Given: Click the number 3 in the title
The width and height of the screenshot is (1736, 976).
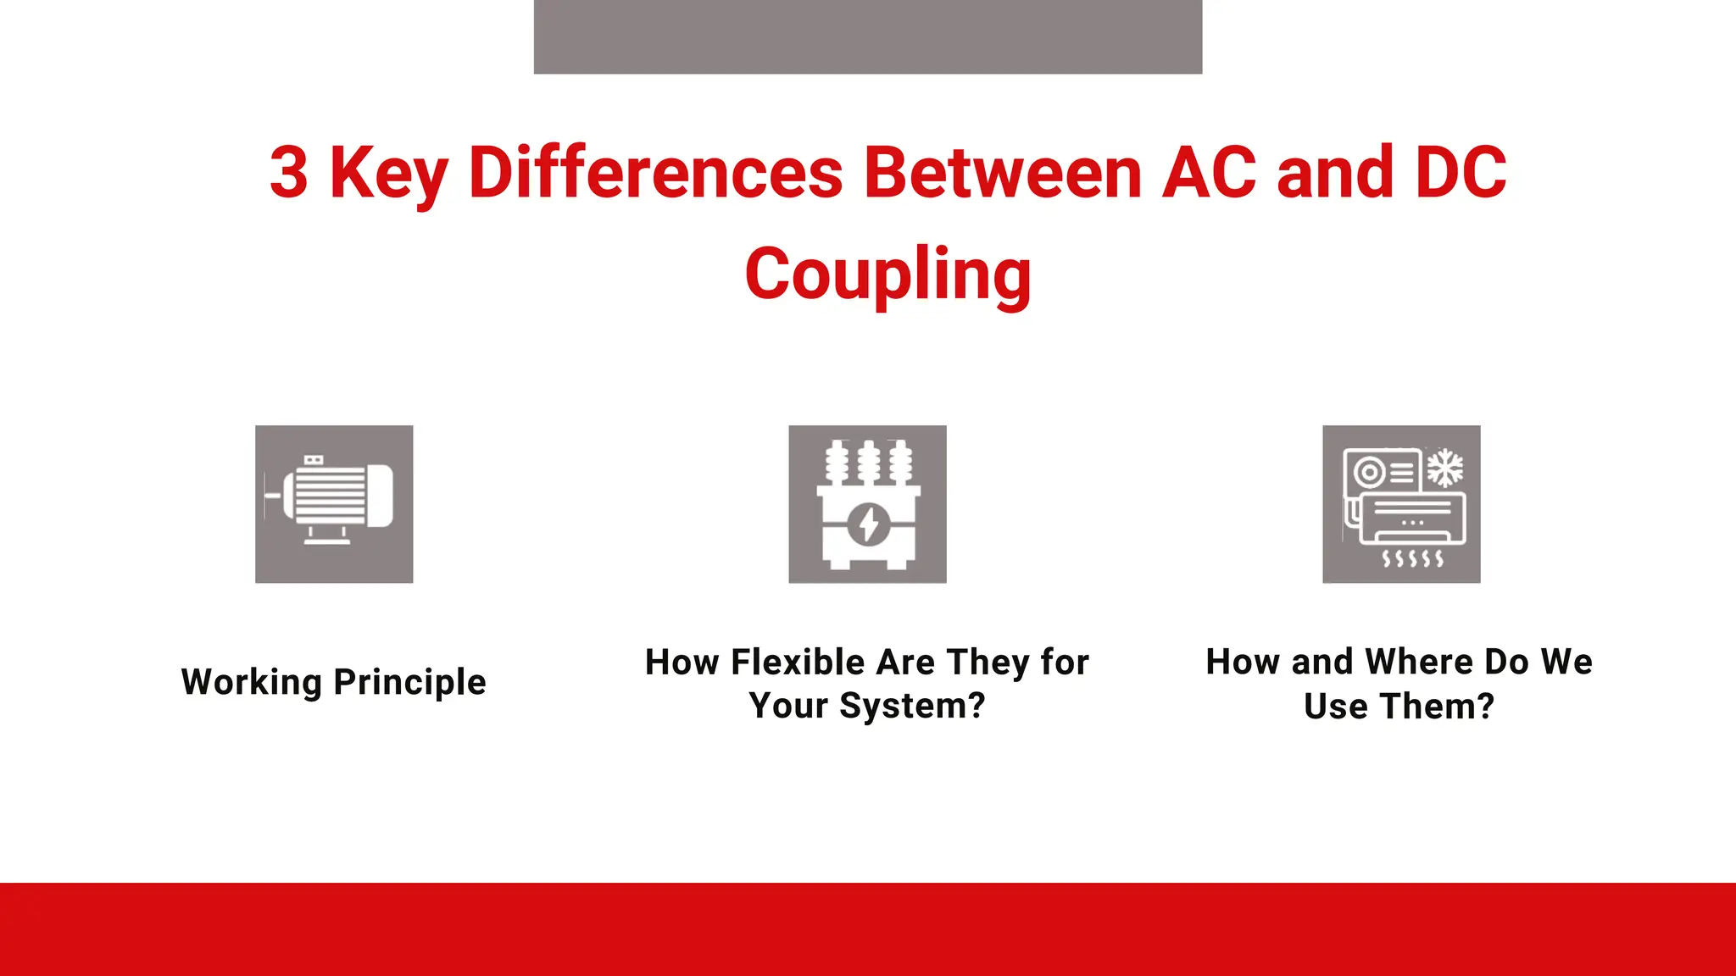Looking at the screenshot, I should [289, 173].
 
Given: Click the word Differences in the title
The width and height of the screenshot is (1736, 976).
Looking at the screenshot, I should [655, 173].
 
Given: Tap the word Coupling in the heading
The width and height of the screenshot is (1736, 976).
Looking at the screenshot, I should [887, 274].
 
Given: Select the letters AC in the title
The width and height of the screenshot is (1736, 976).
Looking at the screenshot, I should [1209, 173].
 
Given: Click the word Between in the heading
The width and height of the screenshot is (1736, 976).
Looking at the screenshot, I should [1003, 173].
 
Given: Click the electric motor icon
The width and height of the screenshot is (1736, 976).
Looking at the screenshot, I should [334, 504].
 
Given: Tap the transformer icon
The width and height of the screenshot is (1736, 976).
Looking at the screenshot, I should [867, 504].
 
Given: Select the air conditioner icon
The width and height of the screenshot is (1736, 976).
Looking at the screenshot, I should [1401, 504].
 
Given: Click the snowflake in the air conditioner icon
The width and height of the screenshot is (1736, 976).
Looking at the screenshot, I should [1445, 469].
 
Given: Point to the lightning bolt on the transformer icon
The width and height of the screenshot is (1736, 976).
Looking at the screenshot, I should [869, 524].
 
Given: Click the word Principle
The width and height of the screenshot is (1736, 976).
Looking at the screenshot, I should [409, 683].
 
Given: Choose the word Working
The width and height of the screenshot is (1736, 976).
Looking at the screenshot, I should [252, 683].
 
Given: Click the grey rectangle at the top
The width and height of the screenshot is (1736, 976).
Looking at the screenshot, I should [867, 36].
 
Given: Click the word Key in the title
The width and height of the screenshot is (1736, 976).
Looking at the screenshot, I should [388, 173].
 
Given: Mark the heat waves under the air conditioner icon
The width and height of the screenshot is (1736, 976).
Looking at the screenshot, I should [1412, 558].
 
